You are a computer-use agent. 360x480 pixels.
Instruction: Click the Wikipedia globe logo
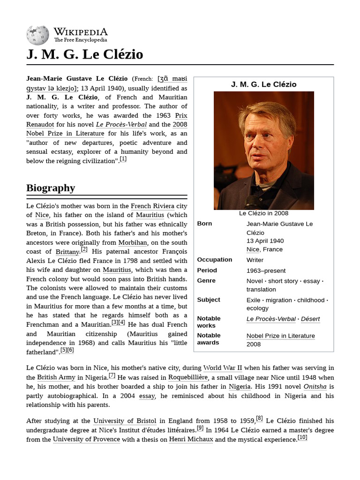pyautogui.click(x=37, y=35)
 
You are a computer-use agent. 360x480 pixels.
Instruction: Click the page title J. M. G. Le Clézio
pyautogui.click(x=84, y=54)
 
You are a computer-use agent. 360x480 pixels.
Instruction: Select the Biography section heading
pyautogui.click(x=51, y=188)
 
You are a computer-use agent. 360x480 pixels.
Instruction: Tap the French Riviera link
pyautogui.click(x=152, y=206)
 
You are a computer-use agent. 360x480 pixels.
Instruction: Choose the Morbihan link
pyautogui.click(x=133, y=242)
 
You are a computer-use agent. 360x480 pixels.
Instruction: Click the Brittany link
pyautogui.click(x=67, y=252)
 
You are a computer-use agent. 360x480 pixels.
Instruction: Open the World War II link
pyautogui.click(x=223, y=368)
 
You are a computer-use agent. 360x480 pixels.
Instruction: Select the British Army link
pyautogui.click(x=56, y=377)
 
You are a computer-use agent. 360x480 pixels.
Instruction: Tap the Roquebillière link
pyautogui.click(x=187, y=377)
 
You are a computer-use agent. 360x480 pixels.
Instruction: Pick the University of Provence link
pyautogui.click(x=86, y=439)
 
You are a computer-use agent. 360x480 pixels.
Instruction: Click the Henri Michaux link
pyautogui.click(x=191, y=439)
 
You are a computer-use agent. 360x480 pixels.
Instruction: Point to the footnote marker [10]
pyautogui.click(x=302, y=438)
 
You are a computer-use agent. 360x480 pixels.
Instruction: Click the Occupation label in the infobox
pyautogui.click(x=214, y=260)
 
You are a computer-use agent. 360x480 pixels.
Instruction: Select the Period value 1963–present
pyautogui.click(x=266, y=270)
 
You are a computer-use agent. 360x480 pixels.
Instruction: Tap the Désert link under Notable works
pyautogui.click(x=310, y=319)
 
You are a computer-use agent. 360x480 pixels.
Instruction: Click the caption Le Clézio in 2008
pyautogui.click(x=263, y=213)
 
